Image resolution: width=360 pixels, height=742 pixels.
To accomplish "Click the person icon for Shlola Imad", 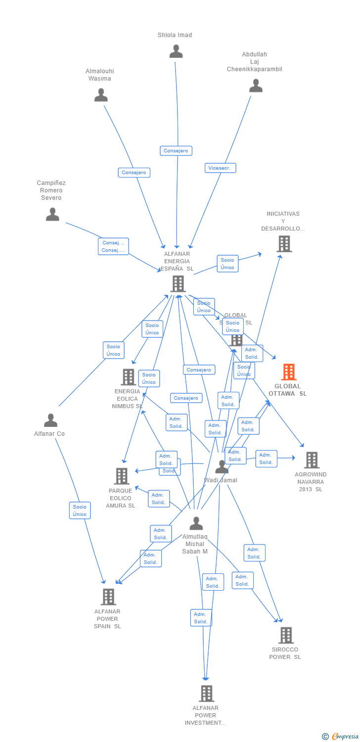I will click(x=176, y=51).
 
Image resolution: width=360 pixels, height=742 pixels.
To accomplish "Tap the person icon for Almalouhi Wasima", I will click(x=101, y=95).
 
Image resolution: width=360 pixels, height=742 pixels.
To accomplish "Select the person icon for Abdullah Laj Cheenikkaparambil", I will click(x=256, y=86).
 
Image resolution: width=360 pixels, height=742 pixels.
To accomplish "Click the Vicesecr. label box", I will click(x=220, y=168).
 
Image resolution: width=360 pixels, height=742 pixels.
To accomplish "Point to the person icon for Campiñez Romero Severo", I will click(x=52, y=214).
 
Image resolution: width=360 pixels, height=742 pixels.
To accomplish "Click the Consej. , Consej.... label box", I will click(x=113, y=246).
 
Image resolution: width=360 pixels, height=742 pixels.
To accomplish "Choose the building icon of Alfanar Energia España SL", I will click(x=178, y=284).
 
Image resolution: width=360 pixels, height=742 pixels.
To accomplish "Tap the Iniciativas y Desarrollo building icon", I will click(x=284, y=244).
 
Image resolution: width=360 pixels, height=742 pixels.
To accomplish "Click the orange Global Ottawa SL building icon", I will click(x=288, y=372).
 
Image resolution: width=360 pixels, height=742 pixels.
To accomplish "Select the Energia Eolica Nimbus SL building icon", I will click(x=128, y=377).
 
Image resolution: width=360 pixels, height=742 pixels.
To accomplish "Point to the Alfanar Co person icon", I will click(x=50, y=420).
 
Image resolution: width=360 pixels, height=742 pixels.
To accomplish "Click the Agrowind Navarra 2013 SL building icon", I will click(x=311, y=460).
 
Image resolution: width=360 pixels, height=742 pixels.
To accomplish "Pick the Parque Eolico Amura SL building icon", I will click(x=121, y=476).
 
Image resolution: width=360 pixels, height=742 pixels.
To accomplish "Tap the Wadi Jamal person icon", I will click(x=222, y=466).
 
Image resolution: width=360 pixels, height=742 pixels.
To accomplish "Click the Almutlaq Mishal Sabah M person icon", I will click(x=196, y=523).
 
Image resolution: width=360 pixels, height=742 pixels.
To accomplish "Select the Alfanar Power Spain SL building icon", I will click(x=108, y=597).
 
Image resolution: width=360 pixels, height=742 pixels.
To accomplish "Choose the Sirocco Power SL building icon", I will click(x=285, y=635).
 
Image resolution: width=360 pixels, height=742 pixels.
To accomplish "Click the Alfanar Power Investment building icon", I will click(x=206, y=694).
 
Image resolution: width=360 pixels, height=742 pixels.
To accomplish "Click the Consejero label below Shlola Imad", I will click(x=176, y=151).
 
